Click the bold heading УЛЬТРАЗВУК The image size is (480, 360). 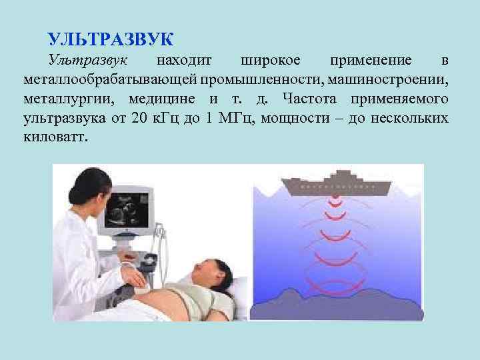pyautogui.click(x=111, y=39)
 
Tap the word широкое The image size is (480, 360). pyautogui.click(x=271, y=61)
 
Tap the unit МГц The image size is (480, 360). pyautogui.click(x=237, y=119)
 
